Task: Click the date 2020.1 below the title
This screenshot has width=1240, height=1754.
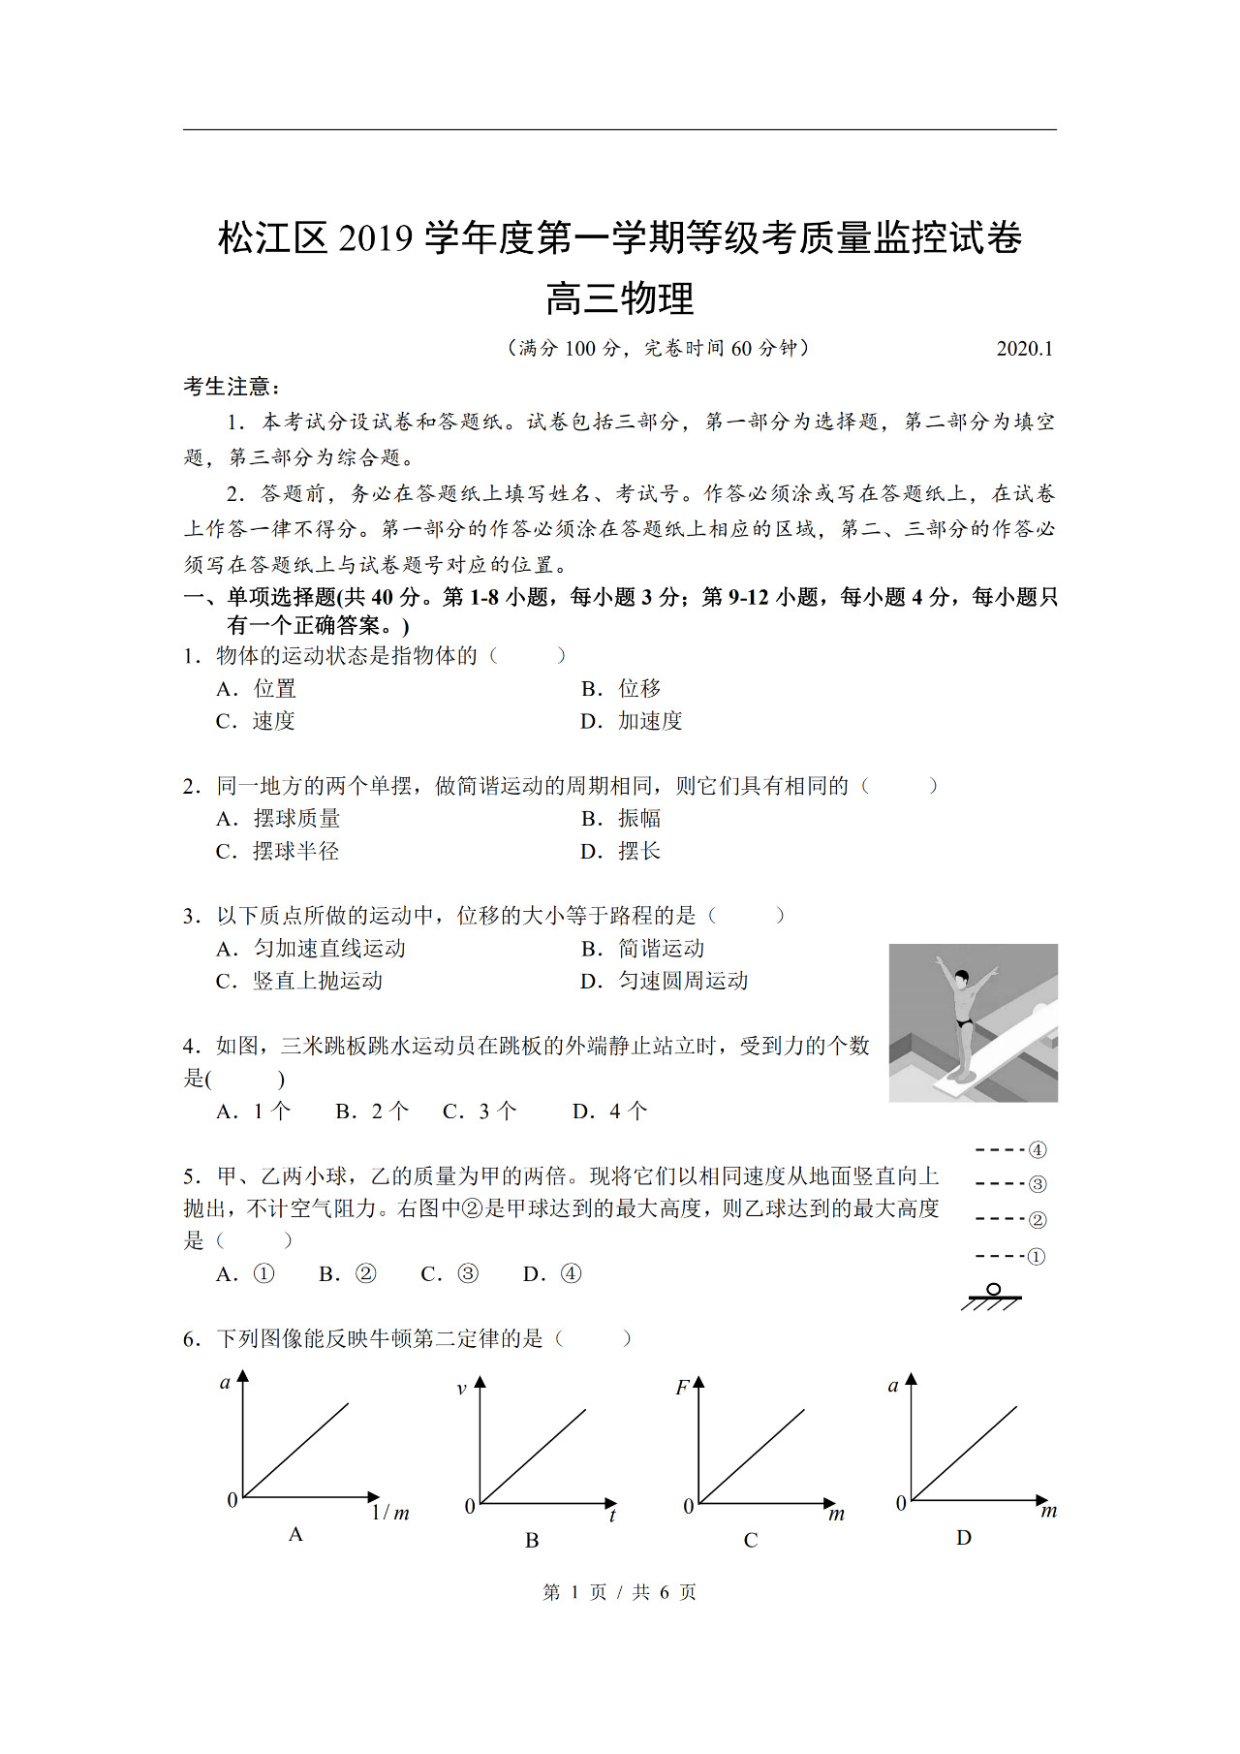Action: pyautogui.click(x=1024, y=349)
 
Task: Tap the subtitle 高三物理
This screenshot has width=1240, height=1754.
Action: pyautogui.click(x=620, y=298)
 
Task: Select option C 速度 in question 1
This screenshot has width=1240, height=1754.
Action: pyautogui.click(x=256, y=721)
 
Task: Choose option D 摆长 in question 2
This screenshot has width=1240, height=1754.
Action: pyautogui.click(x=621, y=851)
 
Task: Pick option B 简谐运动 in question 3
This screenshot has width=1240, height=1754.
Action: pyautogui.click(x=642, y=949)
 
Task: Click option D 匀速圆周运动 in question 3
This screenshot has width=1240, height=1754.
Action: pyautogui.click(x=664, y=981)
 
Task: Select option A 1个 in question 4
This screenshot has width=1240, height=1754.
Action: pyautogui.click(x=254, y=1112)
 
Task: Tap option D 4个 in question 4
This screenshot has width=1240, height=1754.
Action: pyautogui.click(x=610, y=1112)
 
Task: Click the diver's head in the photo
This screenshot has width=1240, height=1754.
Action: pyautogui.click(x=961, y=977)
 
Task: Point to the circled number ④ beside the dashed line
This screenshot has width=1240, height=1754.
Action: pyautogui.click(x=1038, y=1150)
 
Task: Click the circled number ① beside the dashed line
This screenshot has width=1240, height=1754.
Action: pyautogui.click(x=1037, y=1257)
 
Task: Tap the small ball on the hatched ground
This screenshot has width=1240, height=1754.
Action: pyautogui.click(x=993, y=1290)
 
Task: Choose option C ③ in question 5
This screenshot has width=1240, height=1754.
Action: pyautogui.click(x=450, y=1273)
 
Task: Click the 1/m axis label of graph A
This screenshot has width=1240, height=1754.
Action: pyautogui.click(x=390, y=1513)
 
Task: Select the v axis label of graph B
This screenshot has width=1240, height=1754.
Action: pyautogui.click(x=461, y=1389)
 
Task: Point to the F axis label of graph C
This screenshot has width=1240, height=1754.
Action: pyautogui.click(x=682, y=1388)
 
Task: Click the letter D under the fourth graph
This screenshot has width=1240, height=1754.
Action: pyautogui.click(x=964, y=1538)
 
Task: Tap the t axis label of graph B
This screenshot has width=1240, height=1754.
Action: pyautogui.click(x=612, y=1516)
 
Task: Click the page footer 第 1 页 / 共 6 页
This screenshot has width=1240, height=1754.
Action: pyautogui.click(x=620, y=1592)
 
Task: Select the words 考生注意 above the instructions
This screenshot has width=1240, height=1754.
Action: pyautogui.click(x=229, y=387)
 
